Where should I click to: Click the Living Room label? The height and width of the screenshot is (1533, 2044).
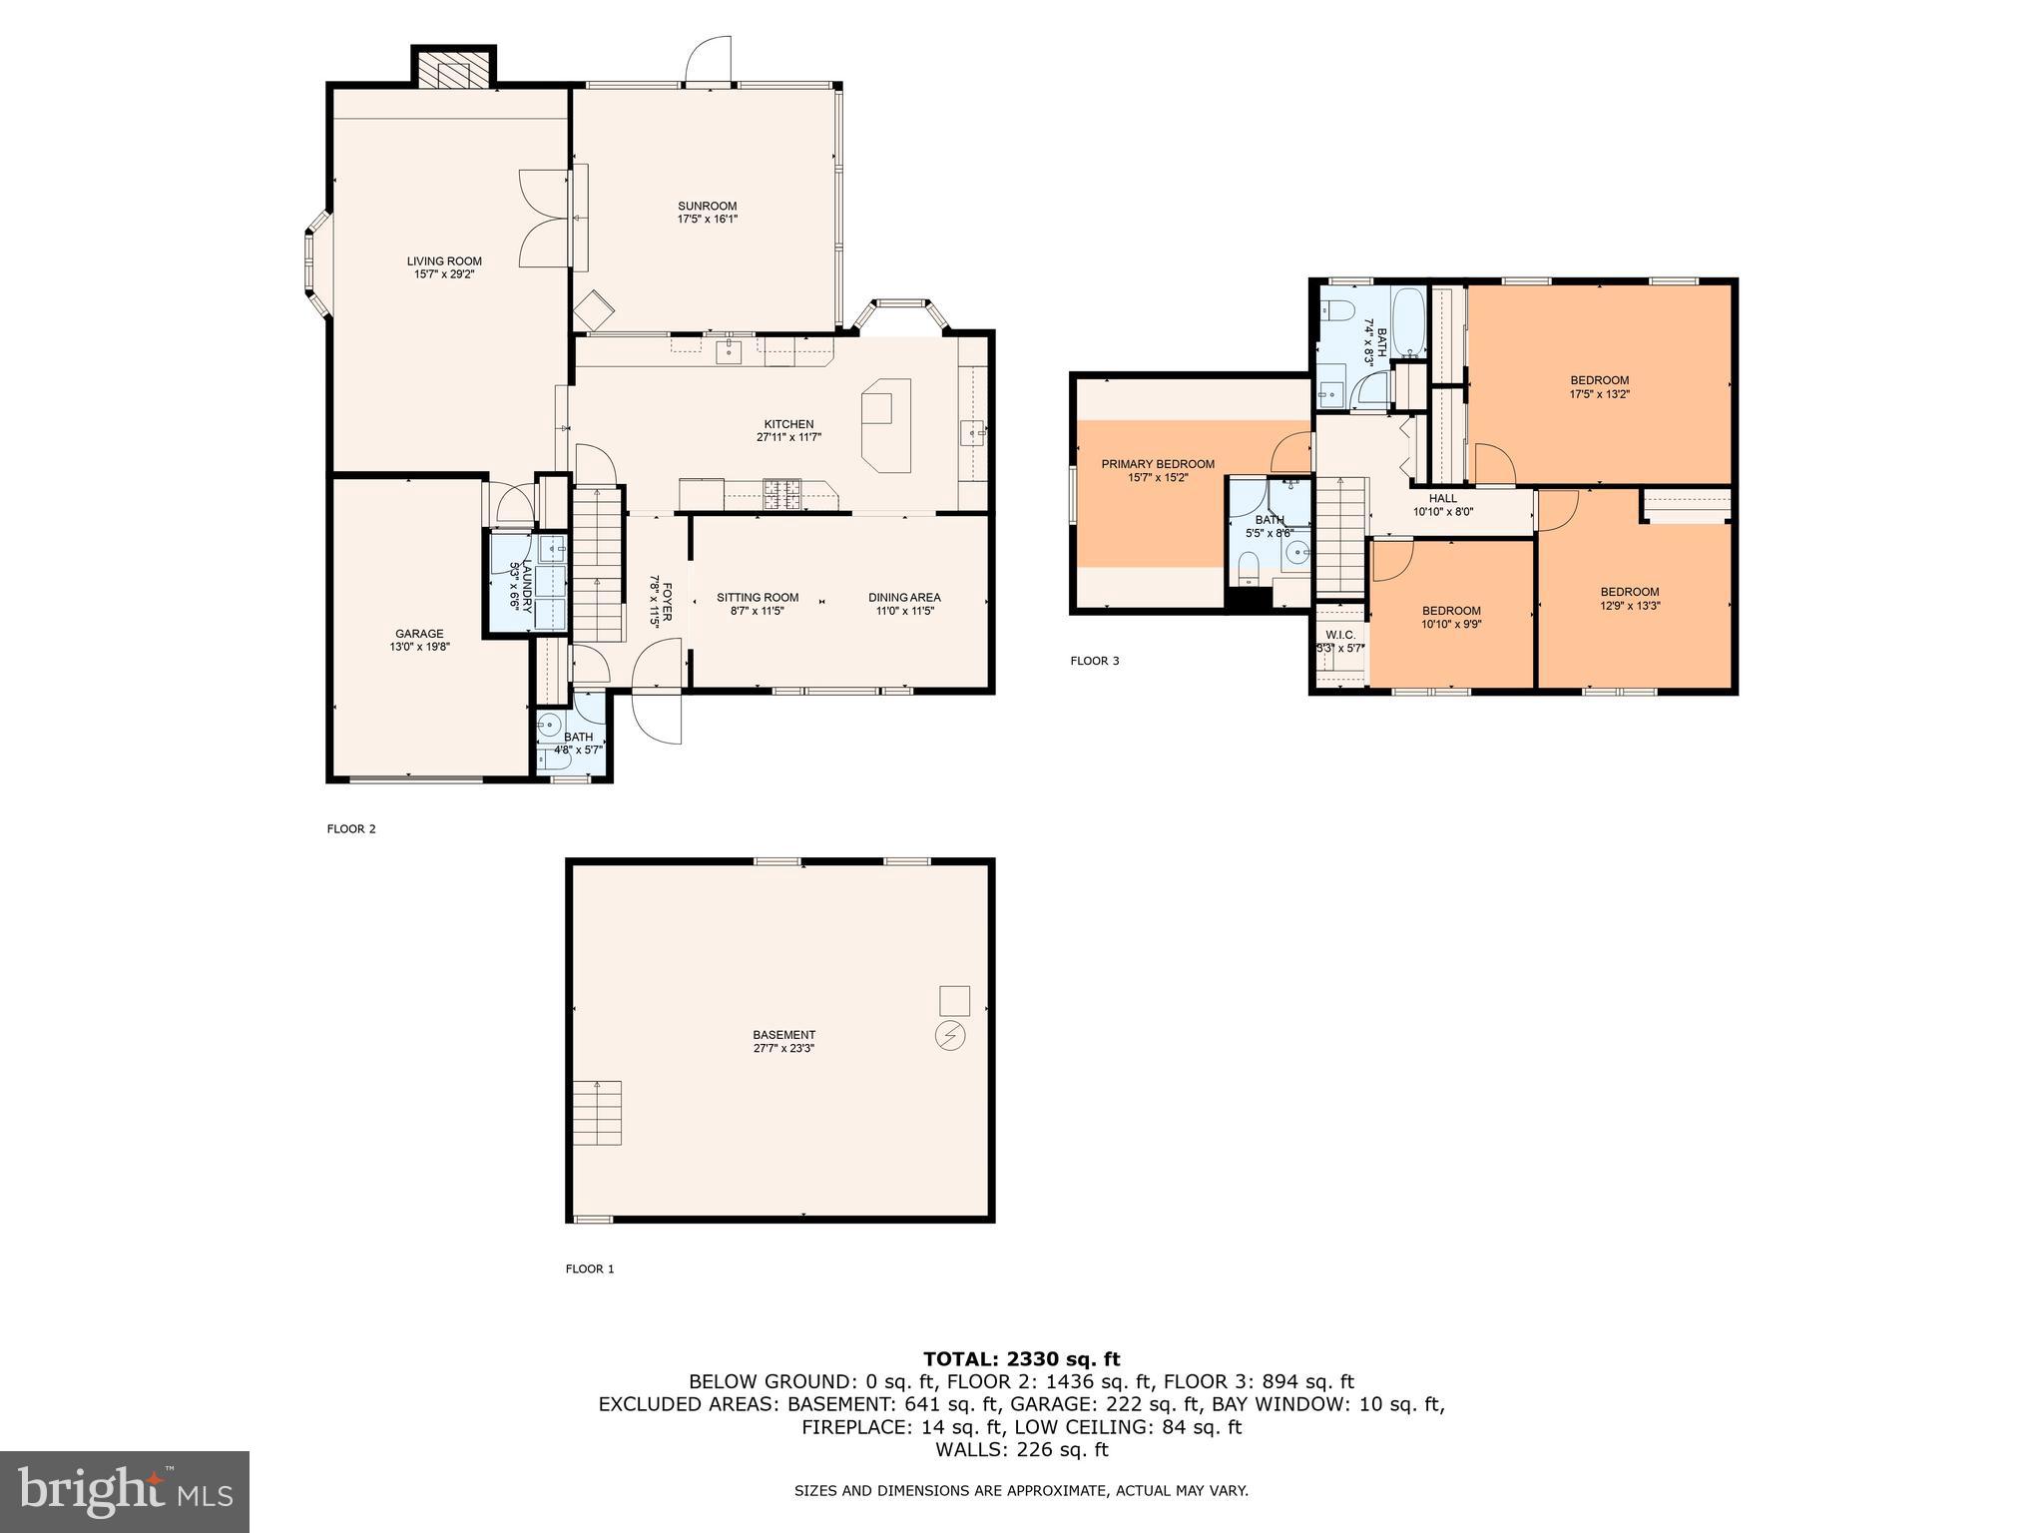pos(444,261)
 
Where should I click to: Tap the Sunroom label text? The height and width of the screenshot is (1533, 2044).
pos(707,207)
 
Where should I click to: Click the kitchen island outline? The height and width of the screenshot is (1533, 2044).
pos(887,425)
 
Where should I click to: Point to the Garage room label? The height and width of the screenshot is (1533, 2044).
pos(419,634)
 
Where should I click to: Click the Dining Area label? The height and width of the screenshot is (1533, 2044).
pos(904,598)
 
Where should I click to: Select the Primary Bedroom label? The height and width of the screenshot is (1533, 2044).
pos(1158,464)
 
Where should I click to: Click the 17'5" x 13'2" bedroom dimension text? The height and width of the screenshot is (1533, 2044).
pos(1600,394)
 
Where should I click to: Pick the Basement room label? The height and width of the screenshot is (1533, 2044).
pos(784,1035)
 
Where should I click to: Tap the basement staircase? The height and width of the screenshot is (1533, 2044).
pos(598,1113)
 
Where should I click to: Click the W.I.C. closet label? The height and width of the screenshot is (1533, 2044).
pos(1340,635)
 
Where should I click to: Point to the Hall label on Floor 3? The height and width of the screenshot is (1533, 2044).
pos(1443,498)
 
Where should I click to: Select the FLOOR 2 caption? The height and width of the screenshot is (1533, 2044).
pos(351,828)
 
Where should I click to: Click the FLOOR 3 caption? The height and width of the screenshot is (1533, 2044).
pos(1095,661)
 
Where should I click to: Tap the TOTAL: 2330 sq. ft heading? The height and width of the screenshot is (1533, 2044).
pos(1022,1359)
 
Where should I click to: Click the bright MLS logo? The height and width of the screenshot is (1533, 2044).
pos(125,1491)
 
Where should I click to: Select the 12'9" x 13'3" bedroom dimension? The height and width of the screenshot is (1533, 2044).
pos(1630,606)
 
